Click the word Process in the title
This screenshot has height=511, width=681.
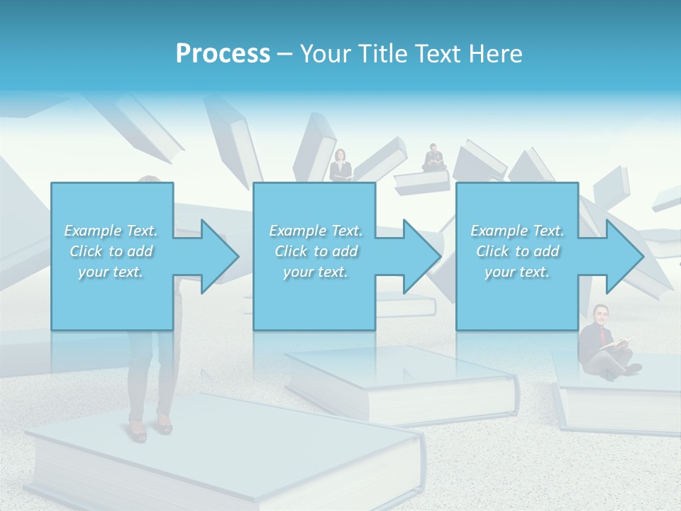click(x=223, y=54)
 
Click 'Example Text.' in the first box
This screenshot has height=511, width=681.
click(x=111, y=231)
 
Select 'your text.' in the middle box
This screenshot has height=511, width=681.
click(x=316, y=272)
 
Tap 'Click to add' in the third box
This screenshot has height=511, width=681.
click(x=518, y=251)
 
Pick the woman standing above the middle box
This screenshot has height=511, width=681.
click(x=340, y=165)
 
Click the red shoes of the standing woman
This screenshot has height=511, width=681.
click(x=150, y=429)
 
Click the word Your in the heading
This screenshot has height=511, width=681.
click(x=326, y=54)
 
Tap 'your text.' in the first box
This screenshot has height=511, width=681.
click(x=111, y=272)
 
